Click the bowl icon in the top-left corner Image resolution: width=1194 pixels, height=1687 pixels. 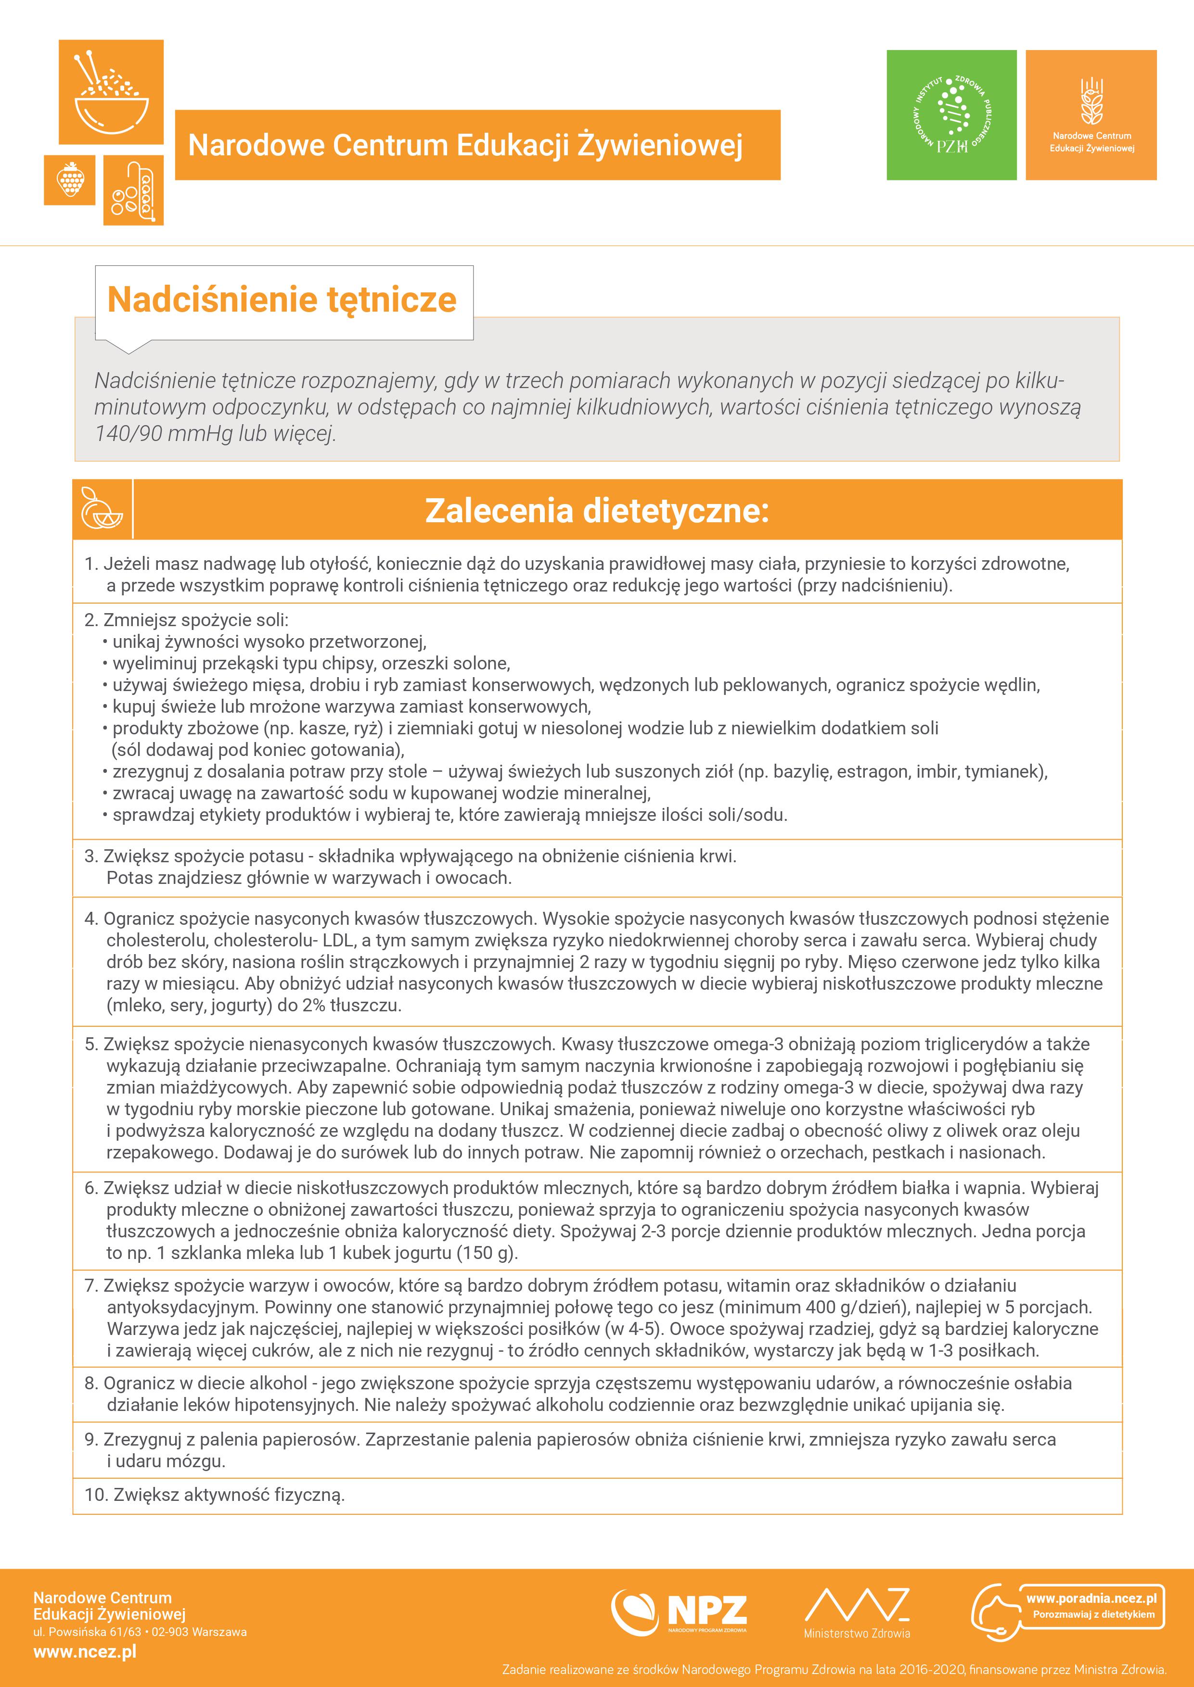(111, 92)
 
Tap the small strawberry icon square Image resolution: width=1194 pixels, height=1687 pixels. (70, 179)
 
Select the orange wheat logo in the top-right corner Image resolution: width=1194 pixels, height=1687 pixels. (1091, 115)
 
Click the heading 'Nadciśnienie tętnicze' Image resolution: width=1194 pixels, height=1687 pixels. (282, 300)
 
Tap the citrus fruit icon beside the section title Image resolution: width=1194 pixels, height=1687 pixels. (102, 509)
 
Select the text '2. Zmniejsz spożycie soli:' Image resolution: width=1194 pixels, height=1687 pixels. (187, 620)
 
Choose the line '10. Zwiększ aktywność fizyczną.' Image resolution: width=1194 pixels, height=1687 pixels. (215, 1495)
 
